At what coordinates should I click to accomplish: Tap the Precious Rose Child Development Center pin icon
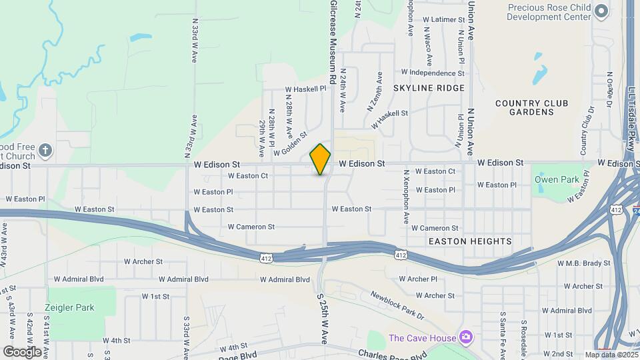[x=601, y=11]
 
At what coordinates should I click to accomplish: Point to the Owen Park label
[x=551, y=179]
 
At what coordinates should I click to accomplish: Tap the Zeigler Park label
[x=70, y=308]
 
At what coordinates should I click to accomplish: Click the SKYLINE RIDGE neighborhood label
[x=428, y=88]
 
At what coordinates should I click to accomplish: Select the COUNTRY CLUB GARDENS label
[x=532, y=107]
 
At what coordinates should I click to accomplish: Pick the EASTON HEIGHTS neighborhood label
[x=470, y=241]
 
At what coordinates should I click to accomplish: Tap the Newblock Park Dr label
[x=397, y=305]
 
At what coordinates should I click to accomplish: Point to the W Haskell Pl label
[x=305, y=89]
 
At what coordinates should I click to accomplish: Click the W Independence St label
[x=432, y=72]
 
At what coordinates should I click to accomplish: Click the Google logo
[x=22, y=351]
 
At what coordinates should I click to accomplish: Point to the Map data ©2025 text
[x=611, y=355]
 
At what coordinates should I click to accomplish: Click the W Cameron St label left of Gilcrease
[x=251, y=227]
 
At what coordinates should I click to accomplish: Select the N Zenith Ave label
[x=373, y=92]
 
